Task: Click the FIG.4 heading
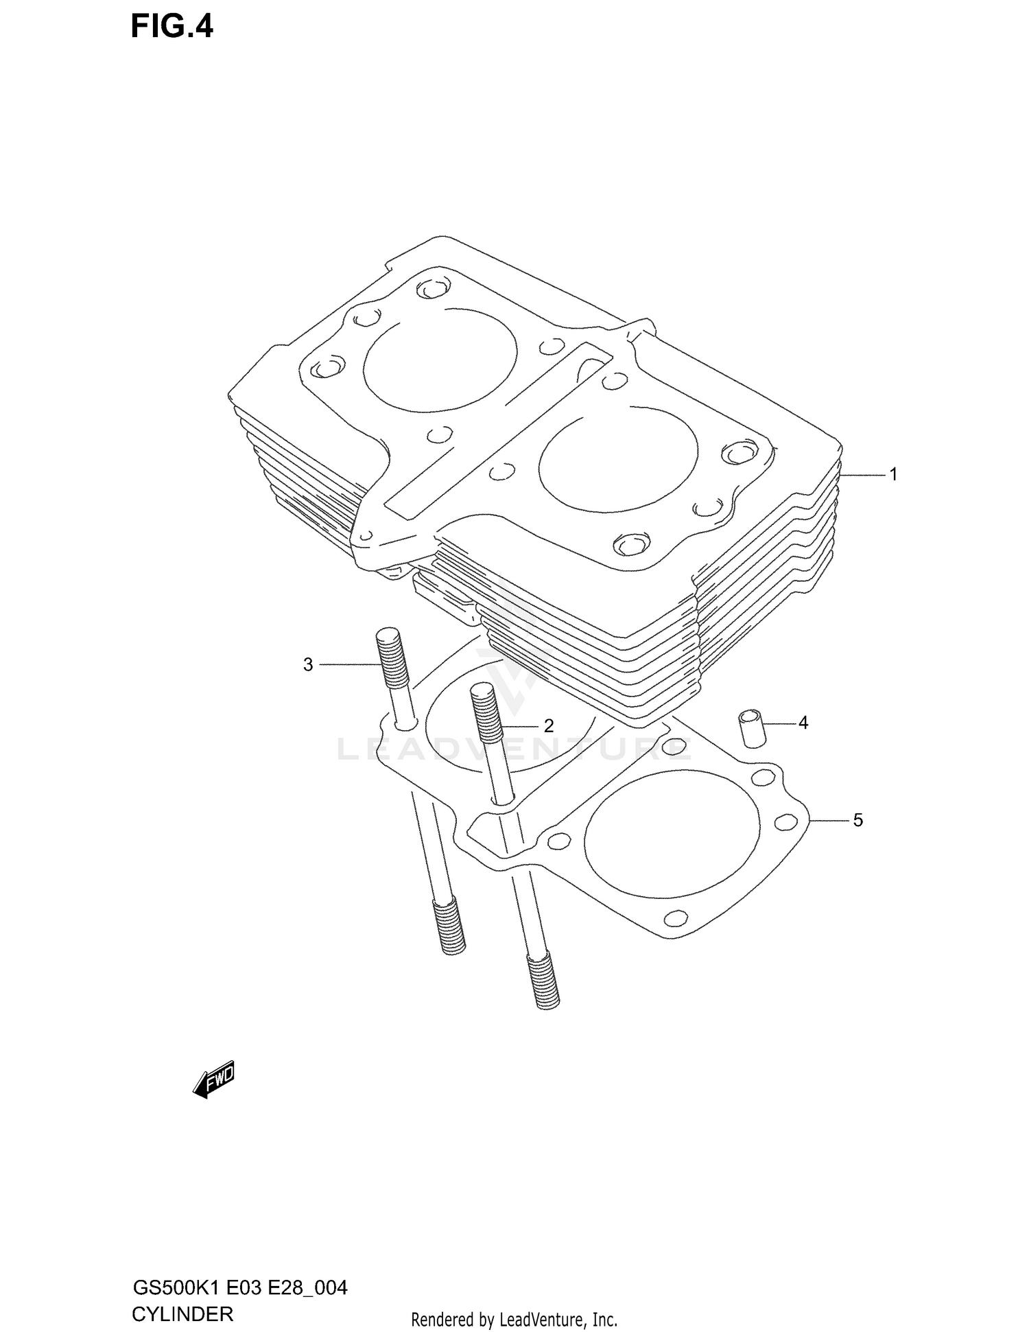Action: (172, 27)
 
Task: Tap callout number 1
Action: (893, 474)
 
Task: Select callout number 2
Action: (548, 725)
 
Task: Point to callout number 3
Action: (308, 664)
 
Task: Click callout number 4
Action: (803, 723)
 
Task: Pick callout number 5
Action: (858, 820)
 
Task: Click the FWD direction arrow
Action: (214, 1081)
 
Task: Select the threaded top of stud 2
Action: (485, 714)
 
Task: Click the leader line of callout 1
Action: (862, 475)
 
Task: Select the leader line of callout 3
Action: (348, 664)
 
